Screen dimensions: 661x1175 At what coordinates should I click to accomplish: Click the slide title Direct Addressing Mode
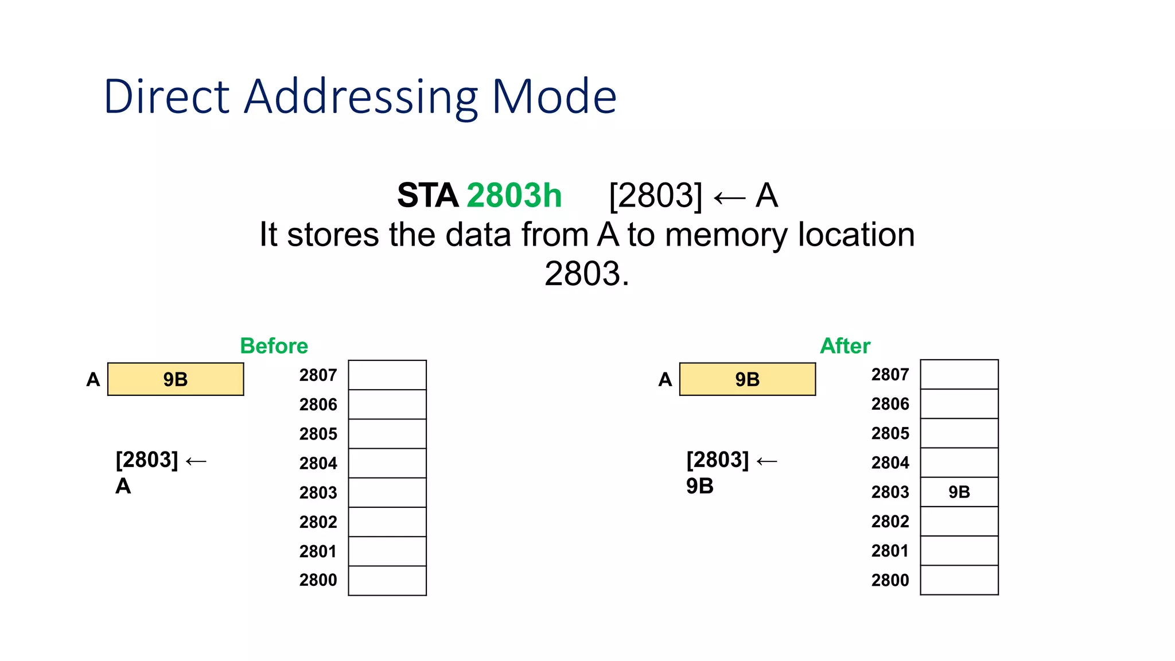point(360,96)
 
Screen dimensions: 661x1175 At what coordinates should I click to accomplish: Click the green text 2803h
point(514,196)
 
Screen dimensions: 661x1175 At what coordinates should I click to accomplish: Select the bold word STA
point(427,196)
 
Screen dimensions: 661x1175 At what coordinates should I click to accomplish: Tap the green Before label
point(274,346)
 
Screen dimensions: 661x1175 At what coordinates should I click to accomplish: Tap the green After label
point(845,346)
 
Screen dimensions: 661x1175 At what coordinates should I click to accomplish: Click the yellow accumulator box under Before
point(176,379)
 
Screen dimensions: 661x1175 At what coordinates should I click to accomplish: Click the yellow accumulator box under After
point(747,379)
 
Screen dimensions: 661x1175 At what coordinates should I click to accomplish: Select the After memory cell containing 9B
point(959,492)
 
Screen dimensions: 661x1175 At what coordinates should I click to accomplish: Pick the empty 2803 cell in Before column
point(387,492)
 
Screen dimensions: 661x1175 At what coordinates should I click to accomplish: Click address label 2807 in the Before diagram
point(318,375)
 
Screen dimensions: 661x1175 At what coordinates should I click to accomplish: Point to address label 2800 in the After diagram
point(890,580)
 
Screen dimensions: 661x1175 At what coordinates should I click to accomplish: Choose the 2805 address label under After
point(890,433)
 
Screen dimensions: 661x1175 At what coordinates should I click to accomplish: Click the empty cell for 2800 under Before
point(387,580)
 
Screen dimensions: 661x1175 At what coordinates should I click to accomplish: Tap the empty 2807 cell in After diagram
point(959,375)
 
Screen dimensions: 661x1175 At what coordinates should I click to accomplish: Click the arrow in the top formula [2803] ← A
point(729,199)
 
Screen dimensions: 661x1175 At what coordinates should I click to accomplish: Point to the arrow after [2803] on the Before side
point(196,461)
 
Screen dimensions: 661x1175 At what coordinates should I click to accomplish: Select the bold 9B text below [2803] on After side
point(700,486)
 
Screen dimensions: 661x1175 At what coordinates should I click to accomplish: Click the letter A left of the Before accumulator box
point(93,380)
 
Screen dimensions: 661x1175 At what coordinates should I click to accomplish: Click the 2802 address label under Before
point(318,522)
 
